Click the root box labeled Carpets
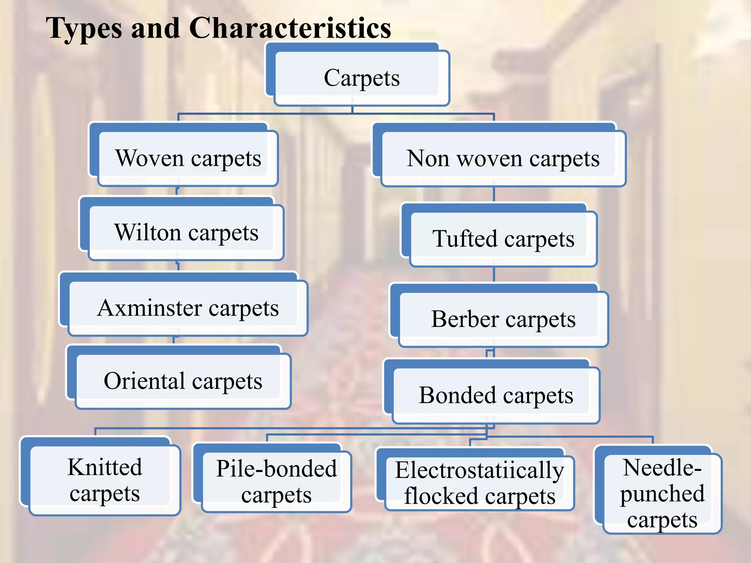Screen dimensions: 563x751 (362, 78)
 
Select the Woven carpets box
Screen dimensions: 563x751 (188, 158)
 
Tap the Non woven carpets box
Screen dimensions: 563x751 (503, 158)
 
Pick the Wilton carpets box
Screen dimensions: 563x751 (186, 232)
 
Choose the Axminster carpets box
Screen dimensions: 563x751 (188, 308)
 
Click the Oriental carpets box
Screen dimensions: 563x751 (183, 381)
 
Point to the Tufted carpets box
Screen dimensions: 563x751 (503, 239)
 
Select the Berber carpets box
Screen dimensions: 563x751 (503, 319)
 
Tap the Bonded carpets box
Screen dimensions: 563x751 (496, 395)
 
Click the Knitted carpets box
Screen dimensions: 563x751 (105, 480)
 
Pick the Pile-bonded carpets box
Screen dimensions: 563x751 (276, 482)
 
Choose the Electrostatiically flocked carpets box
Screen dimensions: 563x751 (480, 483)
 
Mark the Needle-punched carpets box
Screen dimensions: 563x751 (662, 493)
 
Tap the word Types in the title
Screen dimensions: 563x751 (84, 29)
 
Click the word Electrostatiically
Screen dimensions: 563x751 (480, 470)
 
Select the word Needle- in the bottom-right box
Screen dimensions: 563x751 (662, 468)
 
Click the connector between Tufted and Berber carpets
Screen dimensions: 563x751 (494, 275)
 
